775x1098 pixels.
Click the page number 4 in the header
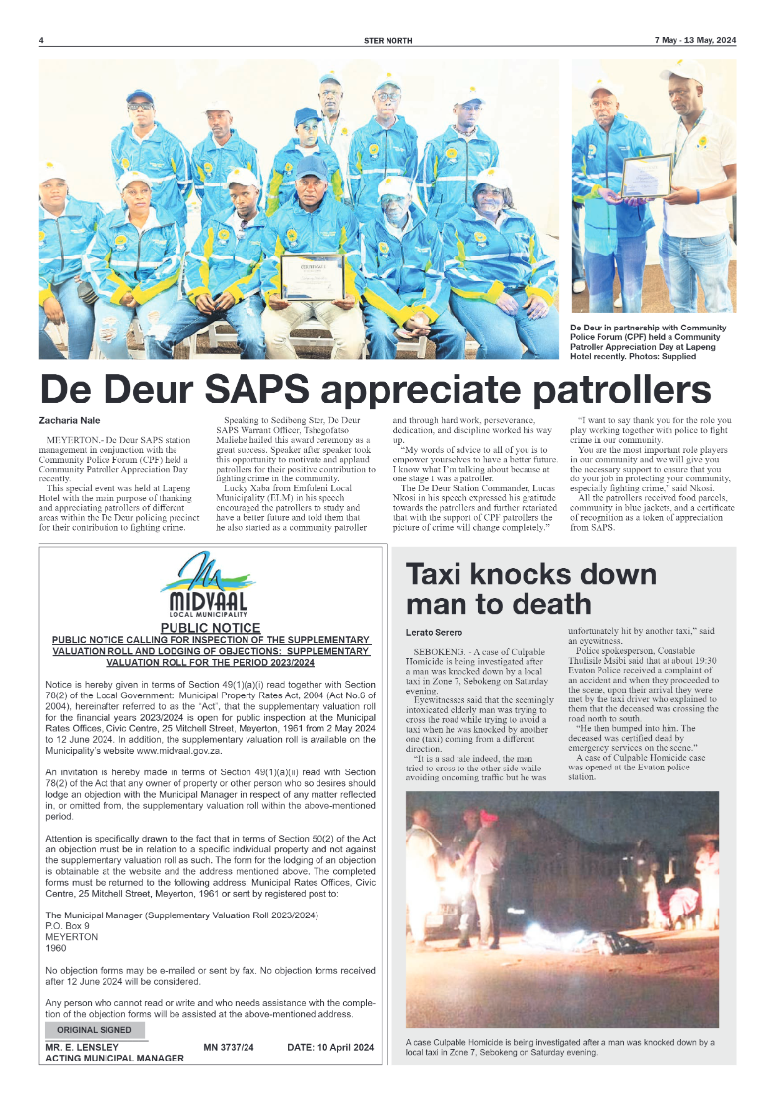41,40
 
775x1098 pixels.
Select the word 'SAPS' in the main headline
265,388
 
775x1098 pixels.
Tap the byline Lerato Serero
435,632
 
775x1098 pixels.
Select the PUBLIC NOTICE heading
210,628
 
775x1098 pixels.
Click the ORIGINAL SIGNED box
94,1030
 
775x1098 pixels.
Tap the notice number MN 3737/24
229,1047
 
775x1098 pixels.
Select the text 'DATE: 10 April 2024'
330,1047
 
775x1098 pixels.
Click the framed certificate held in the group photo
312,276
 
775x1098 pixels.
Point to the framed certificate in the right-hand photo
647,176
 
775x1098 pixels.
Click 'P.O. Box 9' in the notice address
68,926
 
